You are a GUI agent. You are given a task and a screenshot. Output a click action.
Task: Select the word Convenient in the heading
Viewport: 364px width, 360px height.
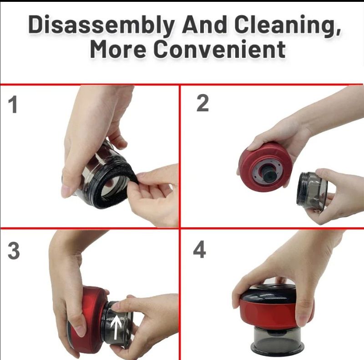[x=220, y=49]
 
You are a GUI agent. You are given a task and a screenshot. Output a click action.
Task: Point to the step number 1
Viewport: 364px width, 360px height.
[x=13, y=105]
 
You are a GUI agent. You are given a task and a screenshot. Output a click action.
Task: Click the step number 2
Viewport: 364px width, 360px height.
[x=202, y=104]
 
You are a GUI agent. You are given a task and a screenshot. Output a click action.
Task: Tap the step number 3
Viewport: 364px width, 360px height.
[x=14, y=251]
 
